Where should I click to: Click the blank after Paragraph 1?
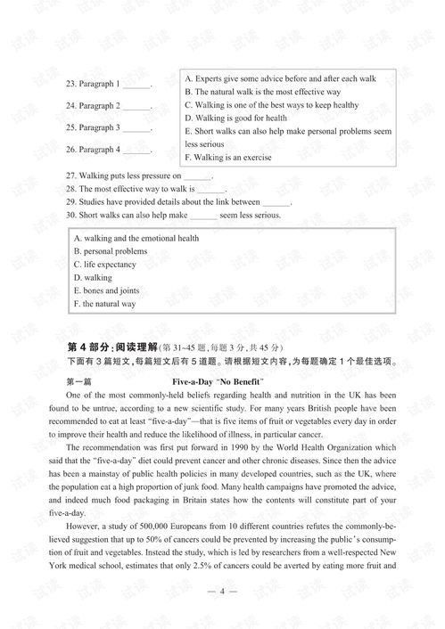tap(136, 86)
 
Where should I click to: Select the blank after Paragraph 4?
tap(136, 151)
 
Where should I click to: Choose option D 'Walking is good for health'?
tap(235, 118)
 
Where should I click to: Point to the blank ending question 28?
tap(211, 190)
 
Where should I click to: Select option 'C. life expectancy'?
tap(104, 265)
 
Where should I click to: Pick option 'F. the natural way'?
tap(104, 305)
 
